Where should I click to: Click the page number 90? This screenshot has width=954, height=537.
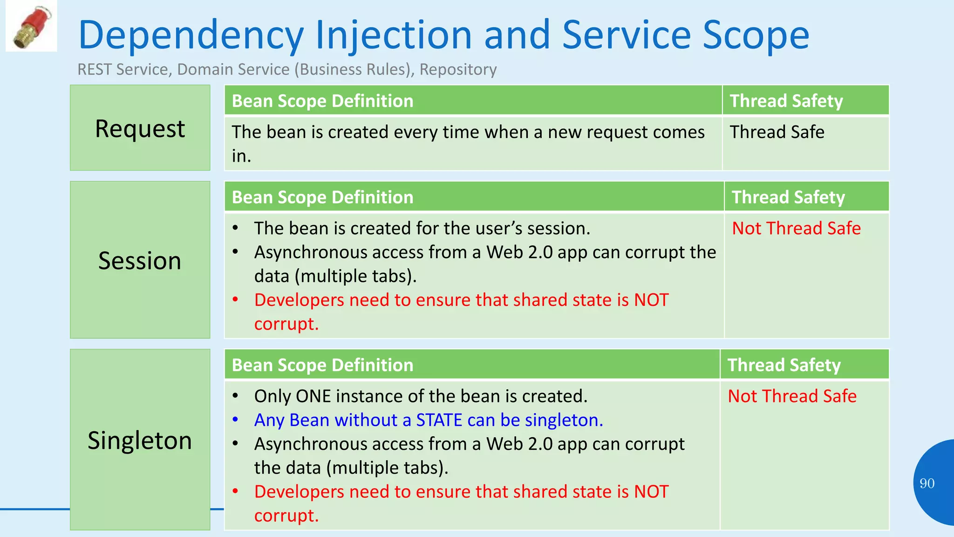point(927,483)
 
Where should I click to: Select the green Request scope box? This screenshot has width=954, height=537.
point(140,128)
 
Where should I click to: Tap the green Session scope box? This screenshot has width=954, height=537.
point(140,260)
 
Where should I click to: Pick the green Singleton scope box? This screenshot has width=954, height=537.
point(140,440)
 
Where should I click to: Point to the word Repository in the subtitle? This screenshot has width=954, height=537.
point(458,69)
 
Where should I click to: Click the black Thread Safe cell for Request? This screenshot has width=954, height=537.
point(777,132)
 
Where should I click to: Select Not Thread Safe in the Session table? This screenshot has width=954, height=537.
point(796,228)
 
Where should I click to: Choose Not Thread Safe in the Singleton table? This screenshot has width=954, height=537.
point(792,396)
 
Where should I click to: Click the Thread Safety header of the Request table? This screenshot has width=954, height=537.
point(786,101)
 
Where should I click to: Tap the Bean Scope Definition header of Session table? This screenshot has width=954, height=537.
point(322,197)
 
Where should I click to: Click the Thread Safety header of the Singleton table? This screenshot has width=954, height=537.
point(784,365)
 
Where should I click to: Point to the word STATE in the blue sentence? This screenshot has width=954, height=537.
point(439,420)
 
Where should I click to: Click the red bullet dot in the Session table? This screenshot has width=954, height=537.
point(236,299)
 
